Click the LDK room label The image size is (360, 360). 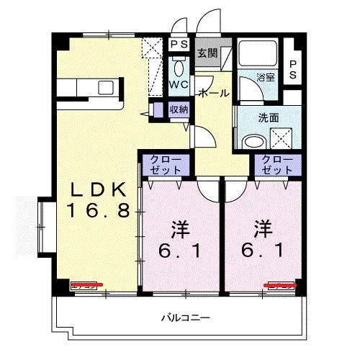pyautogui.click(x=99, y=189)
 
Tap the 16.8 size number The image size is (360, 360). pyautogui.click(x=99, y=210)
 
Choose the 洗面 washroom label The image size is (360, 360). pyautogui.click(x=269, y=117)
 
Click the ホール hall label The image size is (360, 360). pyautogui.click(x=213, y=94)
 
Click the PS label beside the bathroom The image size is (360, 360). pyautogui.click(x=294, y=69)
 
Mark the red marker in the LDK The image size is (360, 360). pyautogui.click(x=87, y=284)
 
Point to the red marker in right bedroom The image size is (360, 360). pyautogui.click(x=282, y=284)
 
